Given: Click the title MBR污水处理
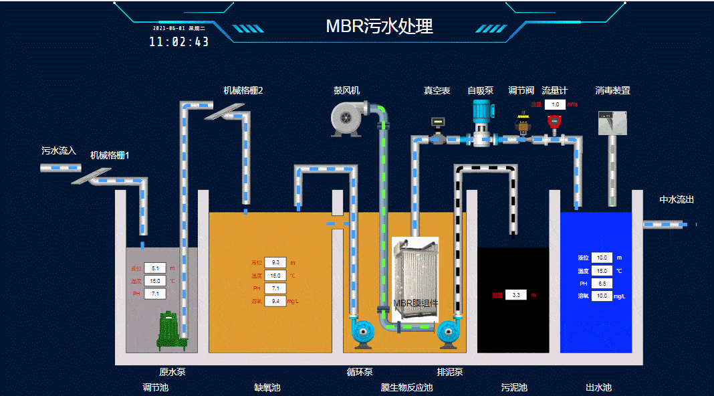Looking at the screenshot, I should click(379, 26).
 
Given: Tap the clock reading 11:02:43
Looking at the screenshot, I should click(178, 41).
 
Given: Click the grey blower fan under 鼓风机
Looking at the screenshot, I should click(348, 120).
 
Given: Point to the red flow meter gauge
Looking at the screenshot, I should click(554, 121).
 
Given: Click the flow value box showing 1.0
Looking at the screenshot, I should click(555, 104).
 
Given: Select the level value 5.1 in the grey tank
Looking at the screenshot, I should click(154, 268).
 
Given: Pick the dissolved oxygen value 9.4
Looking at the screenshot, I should click(275, 302).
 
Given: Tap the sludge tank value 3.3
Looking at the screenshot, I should click(515, 295).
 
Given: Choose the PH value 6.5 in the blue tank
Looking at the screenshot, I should click(602, 284).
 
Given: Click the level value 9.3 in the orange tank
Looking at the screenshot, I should click(275, 262).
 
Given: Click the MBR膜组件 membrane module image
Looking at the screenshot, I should click(414, 274).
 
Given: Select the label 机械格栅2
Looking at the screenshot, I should click(243, 90).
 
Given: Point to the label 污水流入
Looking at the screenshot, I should click(59, 151).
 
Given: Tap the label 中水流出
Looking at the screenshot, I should click(677, 199).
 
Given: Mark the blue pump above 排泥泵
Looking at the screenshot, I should click(449, 331).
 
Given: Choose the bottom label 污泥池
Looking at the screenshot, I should click(514, 387).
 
